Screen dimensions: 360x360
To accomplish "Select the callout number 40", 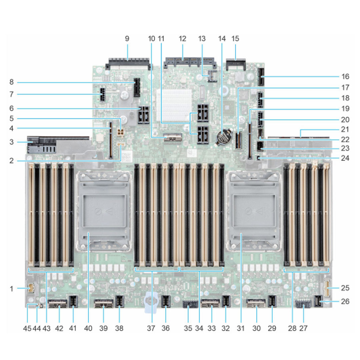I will (x=88, y=328).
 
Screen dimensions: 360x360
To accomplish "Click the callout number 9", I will (x=127, y=39).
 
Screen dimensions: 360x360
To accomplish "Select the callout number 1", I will (x=12, y=289).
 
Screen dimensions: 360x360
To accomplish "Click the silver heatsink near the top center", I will (x=174, y=105).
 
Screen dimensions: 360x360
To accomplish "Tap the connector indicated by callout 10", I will (x=172, y=137).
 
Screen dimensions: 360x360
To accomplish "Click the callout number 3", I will (x=12, y=142).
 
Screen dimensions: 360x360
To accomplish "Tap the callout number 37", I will (x=151, y=328).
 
